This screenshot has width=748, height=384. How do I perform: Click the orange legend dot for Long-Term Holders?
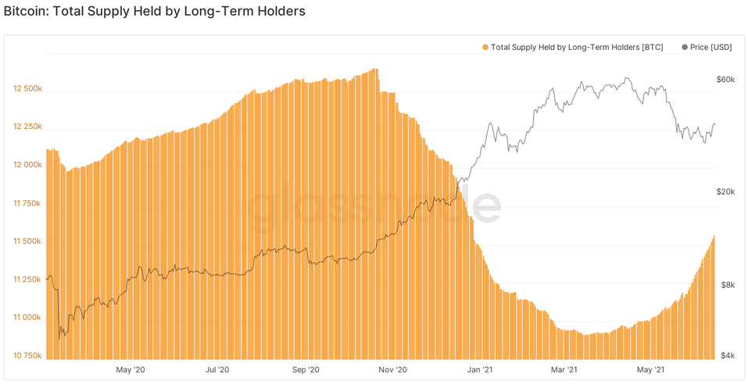[x=485, y=48]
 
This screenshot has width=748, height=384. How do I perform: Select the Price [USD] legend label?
[x=710, y=48]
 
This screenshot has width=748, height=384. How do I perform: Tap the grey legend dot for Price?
[x=685, y=48]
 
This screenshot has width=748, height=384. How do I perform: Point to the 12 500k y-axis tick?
[x=27, y=89]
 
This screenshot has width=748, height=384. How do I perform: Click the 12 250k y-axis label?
[x=27, y=127]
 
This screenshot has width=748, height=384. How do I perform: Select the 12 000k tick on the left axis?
[x=27, y=165]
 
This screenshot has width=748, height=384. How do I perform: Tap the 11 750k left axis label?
[x=27, y=203]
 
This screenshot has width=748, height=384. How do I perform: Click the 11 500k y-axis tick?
[x=27, y=242]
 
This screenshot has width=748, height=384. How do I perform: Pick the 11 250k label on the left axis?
[x=27, y=279]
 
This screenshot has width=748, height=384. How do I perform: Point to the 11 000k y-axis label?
[x=27, y=318]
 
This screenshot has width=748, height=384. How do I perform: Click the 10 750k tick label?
[x=27, y=356]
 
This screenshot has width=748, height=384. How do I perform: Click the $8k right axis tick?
[x=728, y=285]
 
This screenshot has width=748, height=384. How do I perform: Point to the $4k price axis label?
[x=728, y=356]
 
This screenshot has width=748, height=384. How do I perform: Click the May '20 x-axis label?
[x=130, y=369]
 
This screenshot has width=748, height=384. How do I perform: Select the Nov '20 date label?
[x=393, y=369]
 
